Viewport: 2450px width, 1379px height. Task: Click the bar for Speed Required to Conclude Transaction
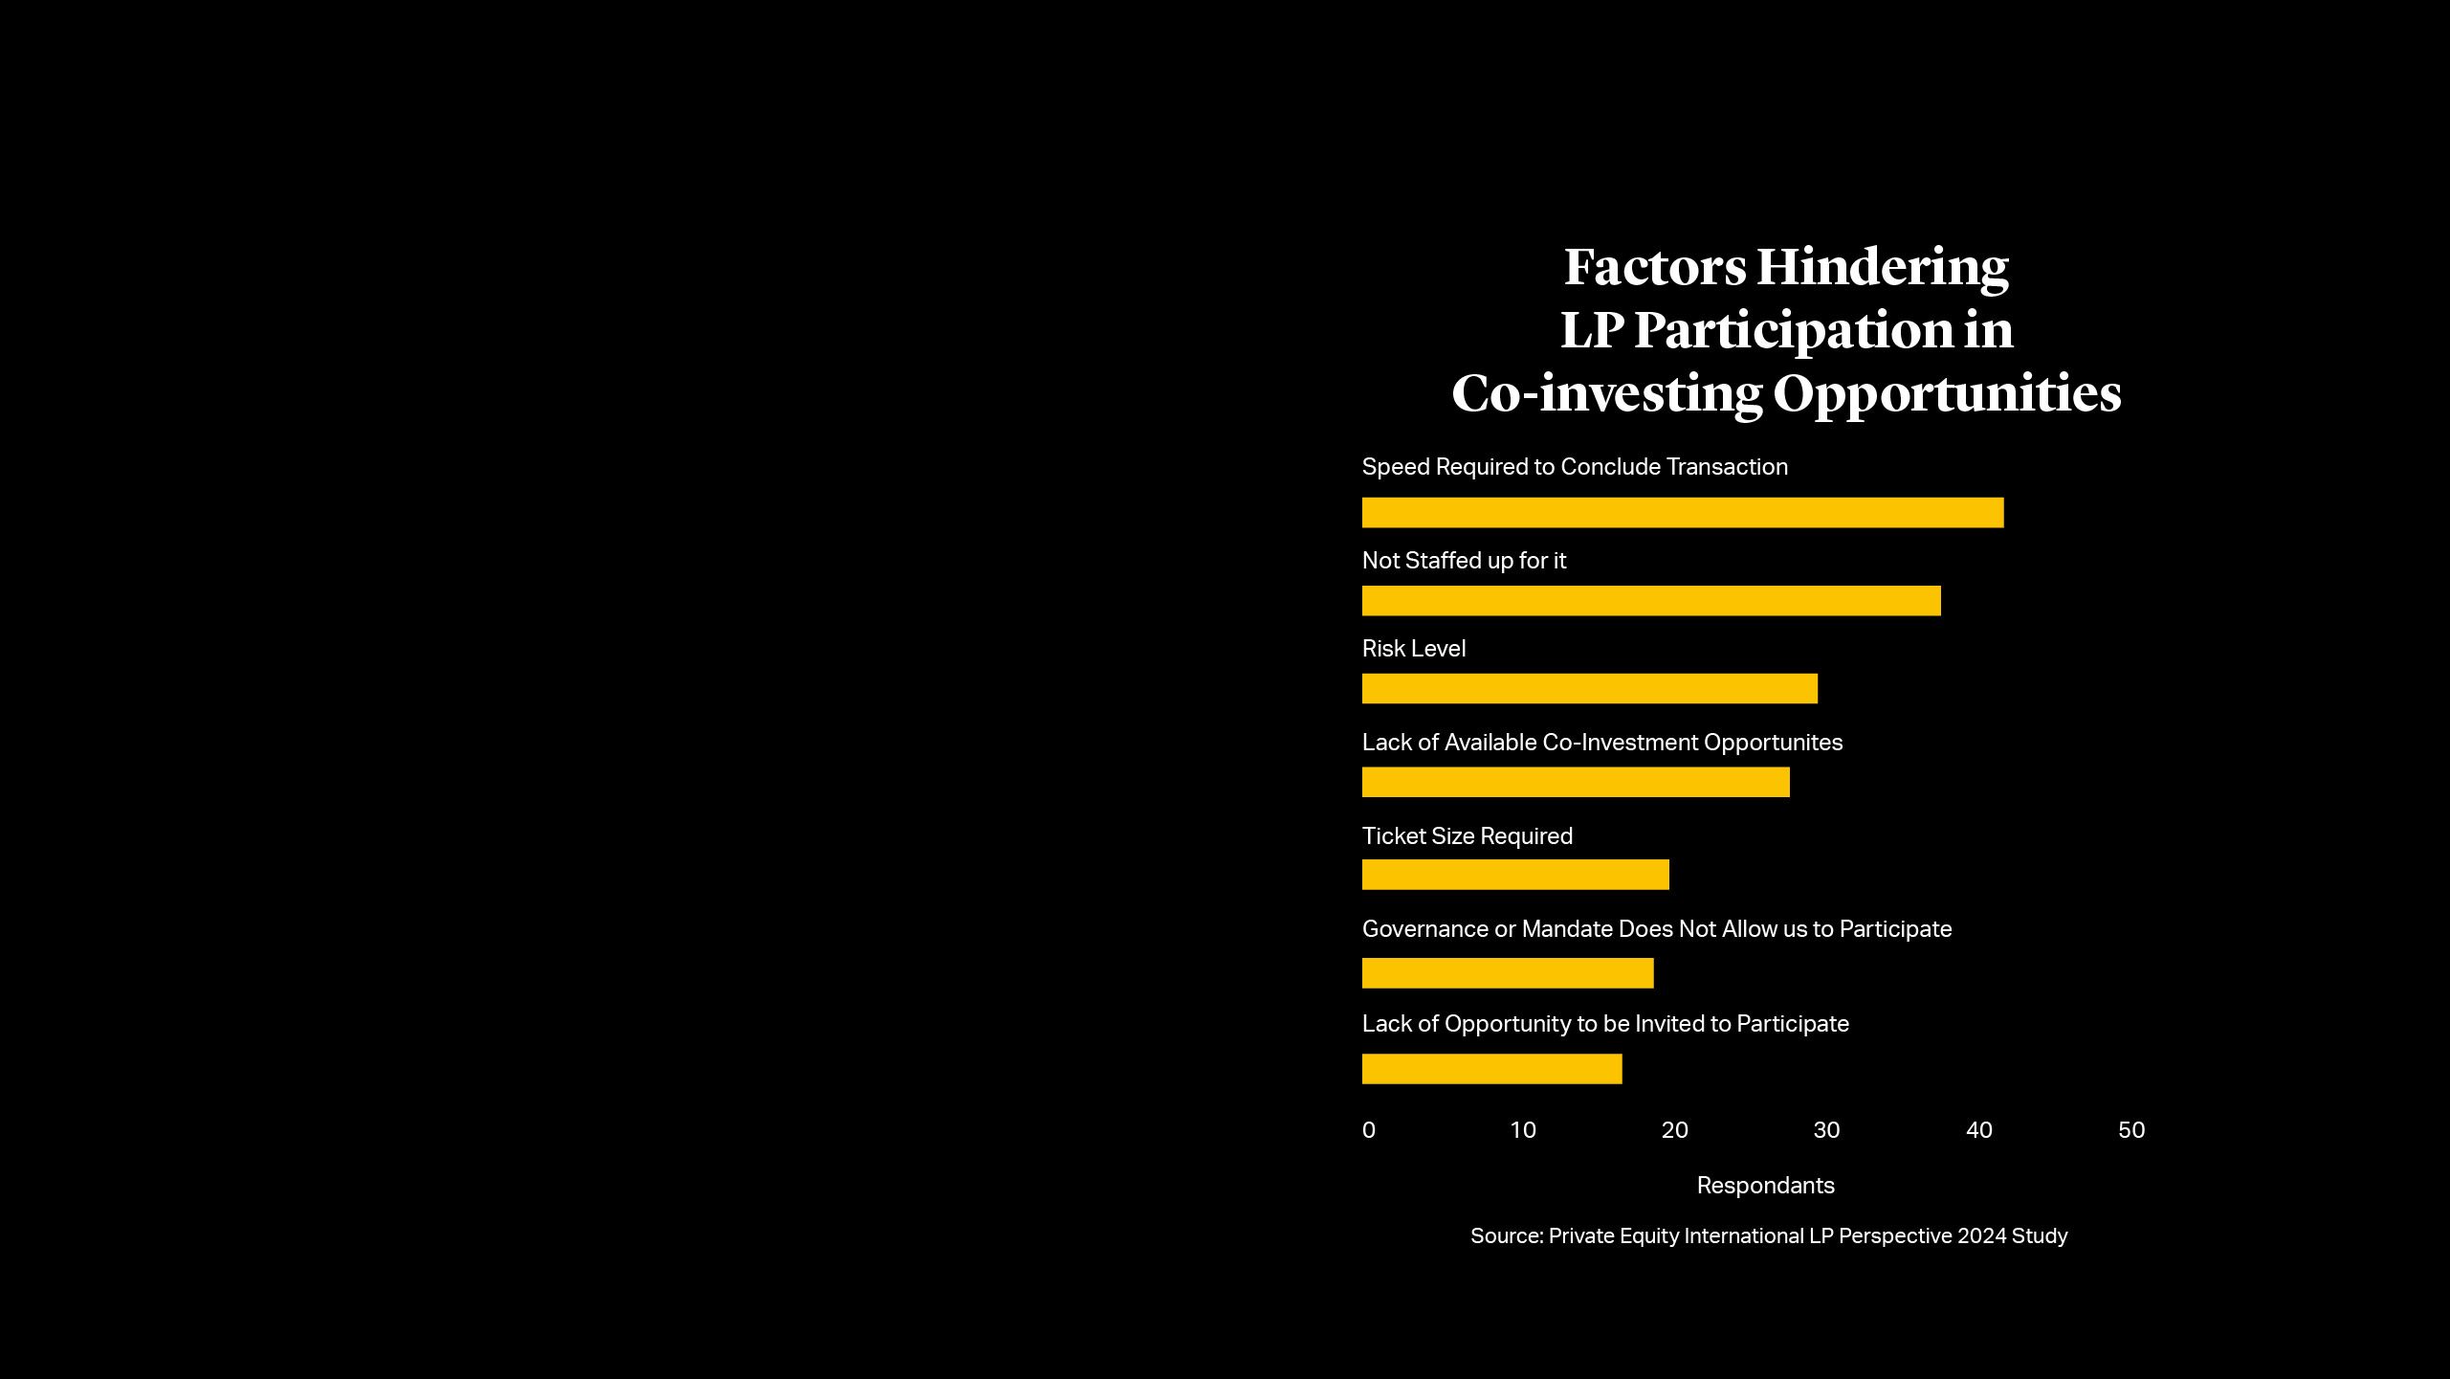click(x=1682, y=512)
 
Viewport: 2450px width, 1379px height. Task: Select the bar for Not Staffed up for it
click(x=1650, y=601)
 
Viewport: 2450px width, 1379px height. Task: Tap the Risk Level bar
click(x=1589, y=688)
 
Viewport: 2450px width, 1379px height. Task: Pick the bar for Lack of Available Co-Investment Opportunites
click(x=1575, y=782)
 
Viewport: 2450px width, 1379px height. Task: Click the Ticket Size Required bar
click(x=1514, y=875)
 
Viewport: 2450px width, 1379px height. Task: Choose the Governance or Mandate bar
click(x=1507, y=973)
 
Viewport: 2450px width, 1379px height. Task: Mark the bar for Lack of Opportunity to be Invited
click(x=1491, y=1069)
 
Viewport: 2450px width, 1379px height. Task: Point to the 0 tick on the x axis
click(x=1368, y=1130)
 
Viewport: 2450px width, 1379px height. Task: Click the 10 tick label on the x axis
click(x=1522, y=1130)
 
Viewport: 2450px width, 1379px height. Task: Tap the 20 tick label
click(x=1674, y=1130)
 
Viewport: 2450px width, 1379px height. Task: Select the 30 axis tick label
click(x=1826, y=1130)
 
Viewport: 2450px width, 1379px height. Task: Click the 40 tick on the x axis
click(x=1978, y=1130)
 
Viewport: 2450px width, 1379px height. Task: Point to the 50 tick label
click(x=2130, y=1130)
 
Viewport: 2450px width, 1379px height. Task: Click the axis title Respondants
click(x=1765, y=1186)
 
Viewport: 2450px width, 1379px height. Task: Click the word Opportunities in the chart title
click(x=1947, y=394)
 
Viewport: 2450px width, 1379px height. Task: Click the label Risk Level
click(x=1413, y=649)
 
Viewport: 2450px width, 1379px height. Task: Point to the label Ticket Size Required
click(x=1467, y=836)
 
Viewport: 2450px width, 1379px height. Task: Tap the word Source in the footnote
click(x=1506, y=1236)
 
